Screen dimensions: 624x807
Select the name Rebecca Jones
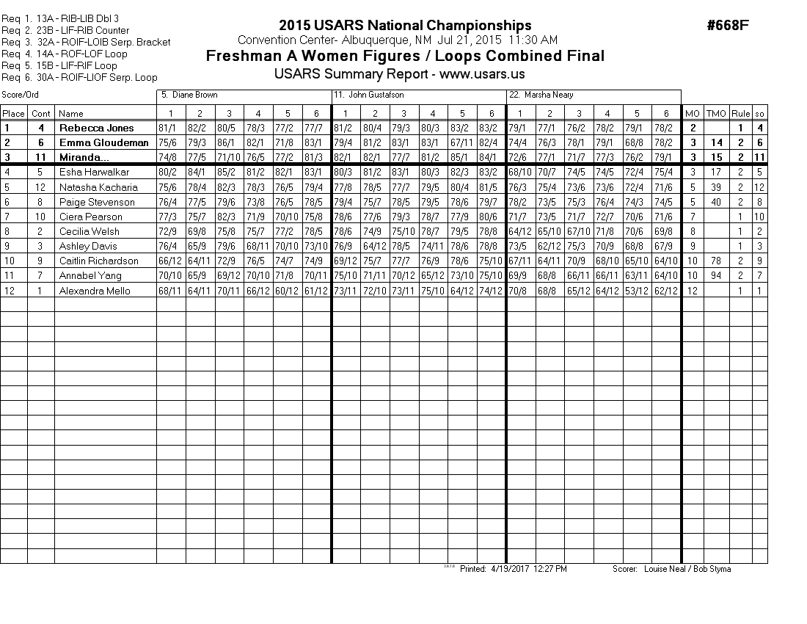pos(97,128)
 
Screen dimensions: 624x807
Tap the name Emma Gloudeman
pos(103,142)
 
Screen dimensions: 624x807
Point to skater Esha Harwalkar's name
pos(94,173)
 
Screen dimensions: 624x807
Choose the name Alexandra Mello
pos(95,291)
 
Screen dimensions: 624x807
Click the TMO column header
pos(715,113)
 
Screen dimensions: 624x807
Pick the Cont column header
pos(41,113)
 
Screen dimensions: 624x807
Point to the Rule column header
pos(741,113)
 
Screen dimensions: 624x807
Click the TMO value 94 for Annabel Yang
pos(715,276)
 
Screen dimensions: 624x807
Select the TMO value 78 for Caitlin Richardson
pos(715,261)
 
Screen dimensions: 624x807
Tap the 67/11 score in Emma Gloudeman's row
pos(462,142)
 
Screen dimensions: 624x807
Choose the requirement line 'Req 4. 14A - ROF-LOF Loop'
pos(65,54)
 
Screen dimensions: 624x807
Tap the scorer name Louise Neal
pos(662,569)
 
